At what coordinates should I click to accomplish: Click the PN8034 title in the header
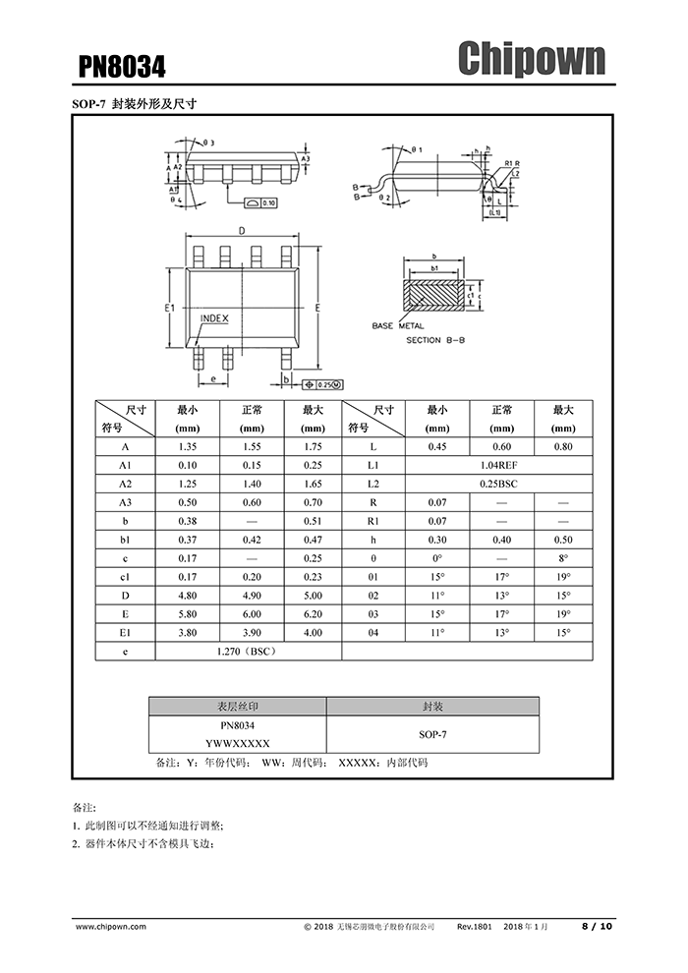click(122, 66)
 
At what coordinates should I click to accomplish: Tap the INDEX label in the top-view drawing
click(214, 318)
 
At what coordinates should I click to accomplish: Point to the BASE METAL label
click(397, 325)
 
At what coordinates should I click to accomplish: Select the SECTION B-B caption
click(437, 340)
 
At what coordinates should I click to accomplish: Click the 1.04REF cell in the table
click(501, 465)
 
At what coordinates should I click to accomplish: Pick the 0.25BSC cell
click(501, 484)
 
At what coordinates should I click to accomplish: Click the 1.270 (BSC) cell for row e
click(248, 651)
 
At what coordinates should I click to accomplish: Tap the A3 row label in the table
click(125, 502)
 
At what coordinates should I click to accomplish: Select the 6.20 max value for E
click(313, 613)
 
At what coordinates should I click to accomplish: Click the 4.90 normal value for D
click(252, 595)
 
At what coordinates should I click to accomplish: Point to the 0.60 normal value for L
click(501, 446)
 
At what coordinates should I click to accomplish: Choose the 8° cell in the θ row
click(562, 557)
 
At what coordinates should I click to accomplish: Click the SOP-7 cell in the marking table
click(432, 734)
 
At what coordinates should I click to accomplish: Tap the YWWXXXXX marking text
click(237, 744)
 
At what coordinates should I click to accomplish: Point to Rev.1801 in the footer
click(475, 926)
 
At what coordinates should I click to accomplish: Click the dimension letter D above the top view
click(241, 231)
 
